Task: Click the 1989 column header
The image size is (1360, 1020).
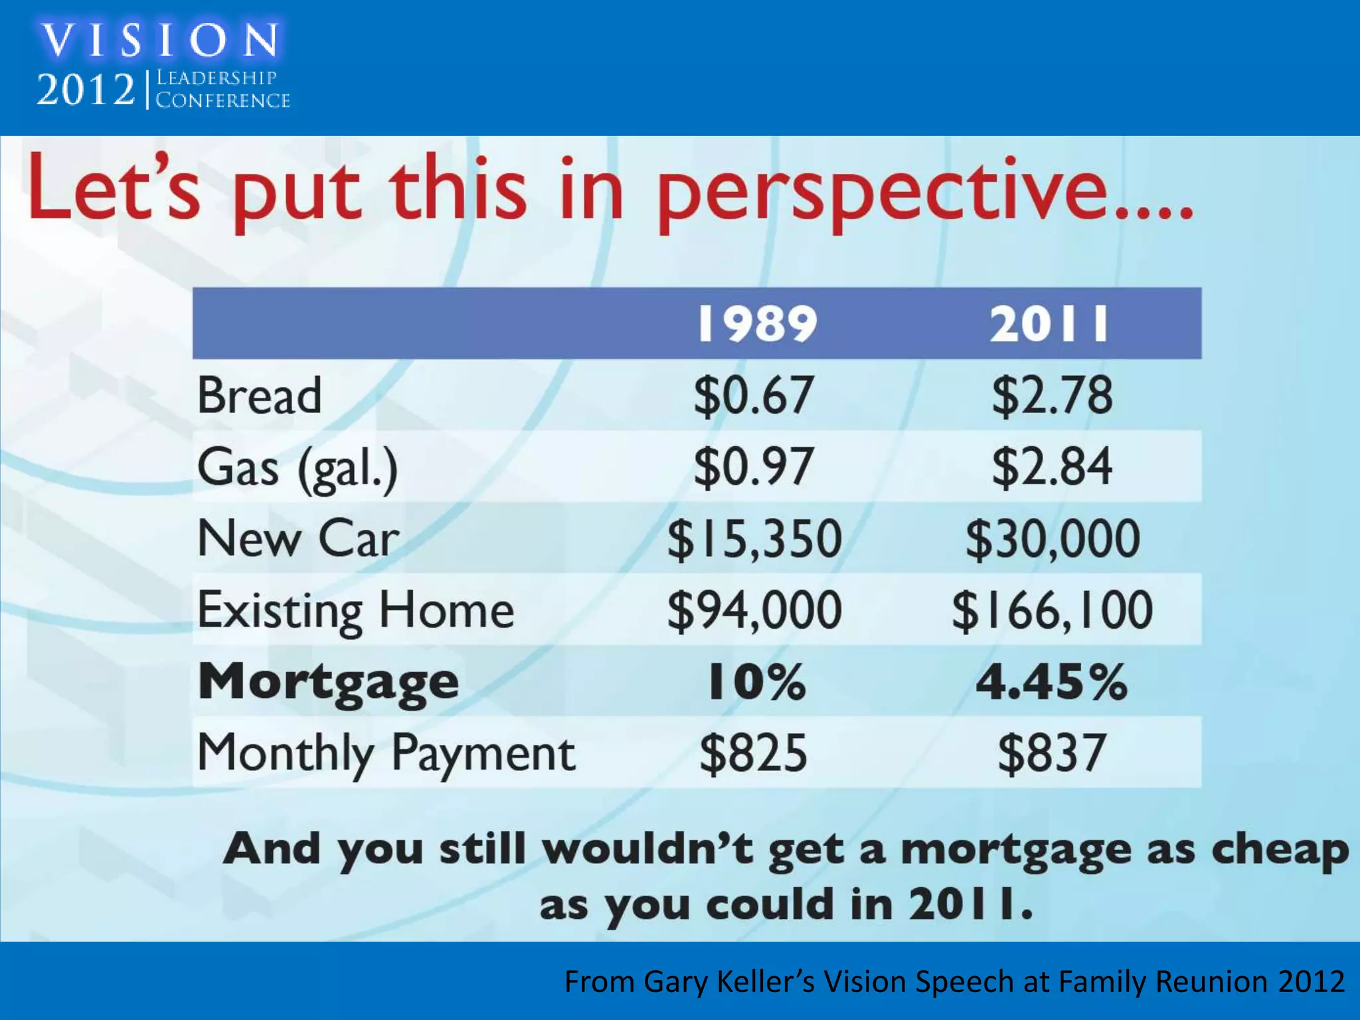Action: [x=756, y=324]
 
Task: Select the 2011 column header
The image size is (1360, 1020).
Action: [x=1050, y=324]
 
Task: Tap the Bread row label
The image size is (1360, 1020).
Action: [x=260, y=396]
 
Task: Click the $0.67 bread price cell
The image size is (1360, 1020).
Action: [x=754, y=396]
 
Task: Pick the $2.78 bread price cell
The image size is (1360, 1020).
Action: [x=1052, y=396]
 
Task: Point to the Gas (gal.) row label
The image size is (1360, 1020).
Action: [x=297, y=467]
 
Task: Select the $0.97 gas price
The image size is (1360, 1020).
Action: [x=754, y=467]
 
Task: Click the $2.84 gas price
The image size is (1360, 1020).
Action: [x=1052, y=467]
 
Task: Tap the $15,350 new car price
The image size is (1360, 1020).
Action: [x=754, y=539]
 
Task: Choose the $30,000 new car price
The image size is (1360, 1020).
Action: [x=1053, y=539]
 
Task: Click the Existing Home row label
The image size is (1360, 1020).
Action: [x=356, y=610]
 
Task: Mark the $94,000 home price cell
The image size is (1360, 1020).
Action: [x=754, y=610]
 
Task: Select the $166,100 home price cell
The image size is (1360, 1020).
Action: [x=1053, y=610]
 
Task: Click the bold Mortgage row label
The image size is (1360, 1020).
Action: [x=329, y=683]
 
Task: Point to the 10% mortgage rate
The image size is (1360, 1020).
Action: [x=756, y=682]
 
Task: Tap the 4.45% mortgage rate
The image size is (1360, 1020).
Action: [x=1051, y=682]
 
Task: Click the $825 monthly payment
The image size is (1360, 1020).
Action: [x=754, y=753]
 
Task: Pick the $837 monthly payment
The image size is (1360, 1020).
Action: [x=1052, y=753]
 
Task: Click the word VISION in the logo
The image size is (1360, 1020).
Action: [x=160, y=41]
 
